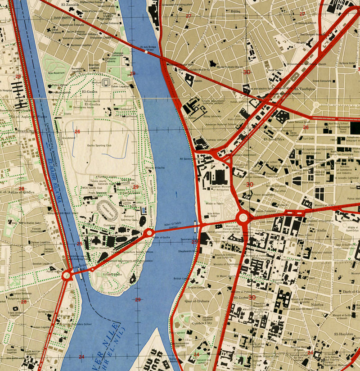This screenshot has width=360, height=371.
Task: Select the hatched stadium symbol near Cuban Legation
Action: [106, 82]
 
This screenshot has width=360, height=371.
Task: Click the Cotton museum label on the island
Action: [99, 248]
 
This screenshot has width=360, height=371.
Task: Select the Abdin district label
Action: [321, 230]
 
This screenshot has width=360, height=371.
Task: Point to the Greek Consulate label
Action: [322, 81]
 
